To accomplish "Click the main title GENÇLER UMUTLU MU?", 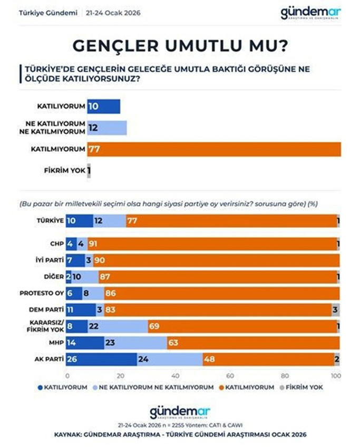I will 180,46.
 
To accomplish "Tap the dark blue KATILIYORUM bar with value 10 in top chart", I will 103,106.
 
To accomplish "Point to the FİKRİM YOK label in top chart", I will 64,171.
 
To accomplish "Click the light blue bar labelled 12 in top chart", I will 107,128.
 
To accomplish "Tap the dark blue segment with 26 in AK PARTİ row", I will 102,359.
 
